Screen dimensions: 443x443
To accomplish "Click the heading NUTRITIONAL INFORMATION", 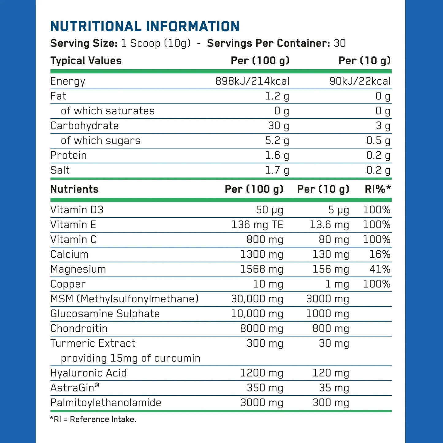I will coord(145,27).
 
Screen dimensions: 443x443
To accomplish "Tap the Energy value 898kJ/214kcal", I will coord(252,81).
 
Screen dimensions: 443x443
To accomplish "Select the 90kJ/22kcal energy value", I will coord(360,81).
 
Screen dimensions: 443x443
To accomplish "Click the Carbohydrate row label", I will coord(84,126).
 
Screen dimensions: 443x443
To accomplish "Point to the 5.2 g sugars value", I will coord(277,141).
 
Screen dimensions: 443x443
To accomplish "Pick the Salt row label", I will coord(60,170).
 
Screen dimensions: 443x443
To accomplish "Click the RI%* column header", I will coord(378,189).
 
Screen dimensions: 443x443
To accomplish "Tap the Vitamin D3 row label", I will coord(77,210).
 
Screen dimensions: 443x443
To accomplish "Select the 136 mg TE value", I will coord(257,225).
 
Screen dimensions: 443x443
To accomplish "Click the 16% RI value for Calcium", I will coord(380,254).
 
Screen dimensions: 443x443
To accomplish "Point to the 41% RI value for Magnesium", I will coord(380,269).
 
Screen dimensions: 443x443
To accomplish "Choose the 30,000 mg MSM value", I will coord(257,299).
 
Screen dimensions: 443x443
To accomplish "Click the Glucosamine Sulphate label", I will coord(105,314).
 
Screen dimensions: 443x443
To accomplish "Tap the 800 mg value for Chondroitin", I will coord(331,329).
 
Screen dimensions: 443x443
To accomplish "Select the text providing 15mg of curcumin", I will coord(131,358).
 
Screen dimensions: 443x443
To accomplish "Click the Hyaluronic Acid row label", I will coord(88,373).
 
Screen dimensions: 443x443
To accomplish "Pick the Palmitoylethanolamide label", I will coord(105,403).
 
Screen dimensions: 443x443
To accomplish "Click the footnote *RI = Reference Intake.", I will coord(93,419).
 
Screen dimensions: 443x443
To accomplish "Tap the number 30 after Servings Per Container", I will coord(340,43).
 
